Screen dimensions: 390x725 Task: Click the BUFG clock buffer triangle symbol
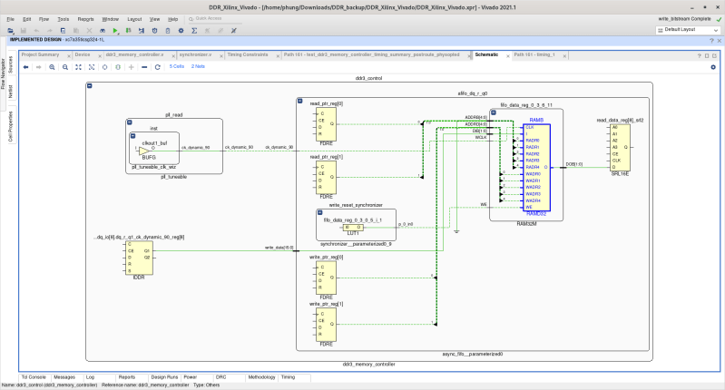tap(144, 151)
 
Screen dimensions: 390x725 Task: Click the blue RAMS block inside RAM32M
tap(535, 156)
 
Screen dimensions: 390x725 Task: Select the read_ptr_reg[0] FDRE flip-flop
tap(327, 128)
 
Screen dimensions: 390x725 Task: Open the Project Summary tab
tap(40, 54)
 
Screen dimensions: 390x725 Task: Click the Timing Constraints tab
tap(247, 54)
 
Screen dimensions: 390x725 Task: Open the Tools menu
tap(63, 18)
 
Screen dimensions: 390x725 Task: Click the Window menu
tap(110, 18)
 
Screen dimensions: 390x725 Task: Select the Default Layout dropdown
tap(685, 30)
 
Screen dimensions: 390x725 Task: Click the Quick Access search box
tap(218, 18)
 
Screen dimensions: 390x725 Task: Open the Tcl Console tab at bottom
tap(34, 376)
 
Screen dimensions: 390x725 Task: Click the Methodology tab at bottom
tap(260, 376)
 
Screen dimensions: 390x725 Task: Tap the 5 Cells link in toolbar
tap(176, 66)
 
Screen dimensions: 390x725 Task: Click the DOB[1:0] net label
tap(574, 163)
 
